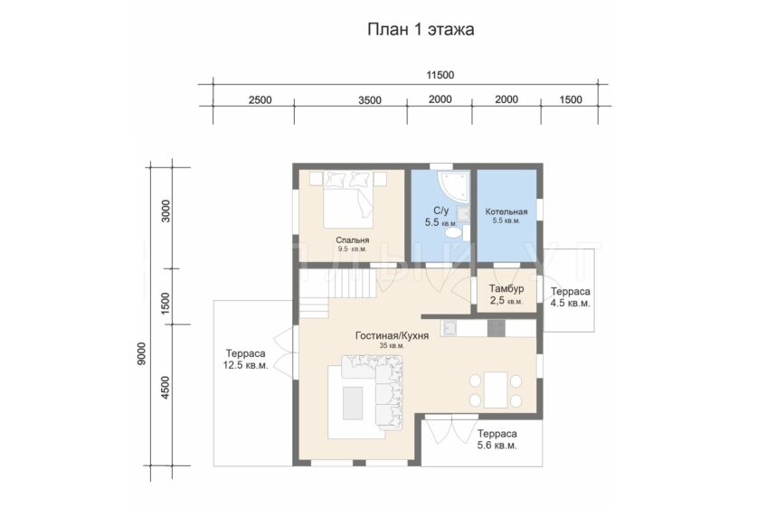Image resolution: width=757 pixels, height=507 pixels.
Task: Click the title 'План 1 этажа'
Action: [421, 30]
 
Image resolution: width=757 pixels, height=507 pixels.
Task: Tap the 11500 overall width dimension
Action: [440, 75]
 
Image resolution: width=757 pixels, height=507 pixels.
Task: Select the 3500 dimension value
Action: [370, 100]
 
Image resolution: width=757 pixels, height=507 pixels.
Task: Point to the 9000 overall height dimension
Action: [141, 353]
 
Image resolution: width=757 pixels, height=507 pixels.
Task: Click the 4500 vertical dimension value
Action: [166, 388]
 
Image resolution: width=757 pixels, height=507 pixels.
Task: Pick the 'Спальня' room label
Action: [353, 240]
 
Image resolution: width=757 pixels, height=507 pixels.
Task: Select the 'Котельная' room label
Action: [506, 211]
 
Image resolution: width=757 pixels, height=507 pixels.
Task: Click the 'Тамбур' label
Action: [506, 289]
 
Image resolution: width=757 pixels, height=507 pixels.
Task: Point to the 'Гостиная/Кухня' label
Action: [392, 335]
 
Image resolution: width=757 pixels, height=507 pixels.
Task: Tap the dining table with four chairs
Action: [496, 390]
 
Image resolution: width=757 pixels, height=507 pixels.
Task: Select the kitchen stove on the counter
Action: [496, 328]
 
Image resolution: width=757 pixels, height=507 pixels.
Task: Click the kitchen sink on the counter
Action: [450, 328]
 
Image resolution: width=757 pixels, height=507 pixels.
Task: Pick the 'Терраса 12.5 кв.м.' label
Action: [245, 360]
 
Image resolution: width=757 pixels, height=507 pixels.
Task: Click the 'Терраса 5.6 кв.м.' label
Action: [497, 439]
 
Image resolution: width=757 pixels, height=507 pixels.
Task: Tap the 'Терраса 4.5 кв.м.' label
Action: [570, 297]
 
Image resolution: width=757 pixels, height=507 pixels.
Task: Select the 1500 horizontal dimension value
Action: [571, 99]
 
